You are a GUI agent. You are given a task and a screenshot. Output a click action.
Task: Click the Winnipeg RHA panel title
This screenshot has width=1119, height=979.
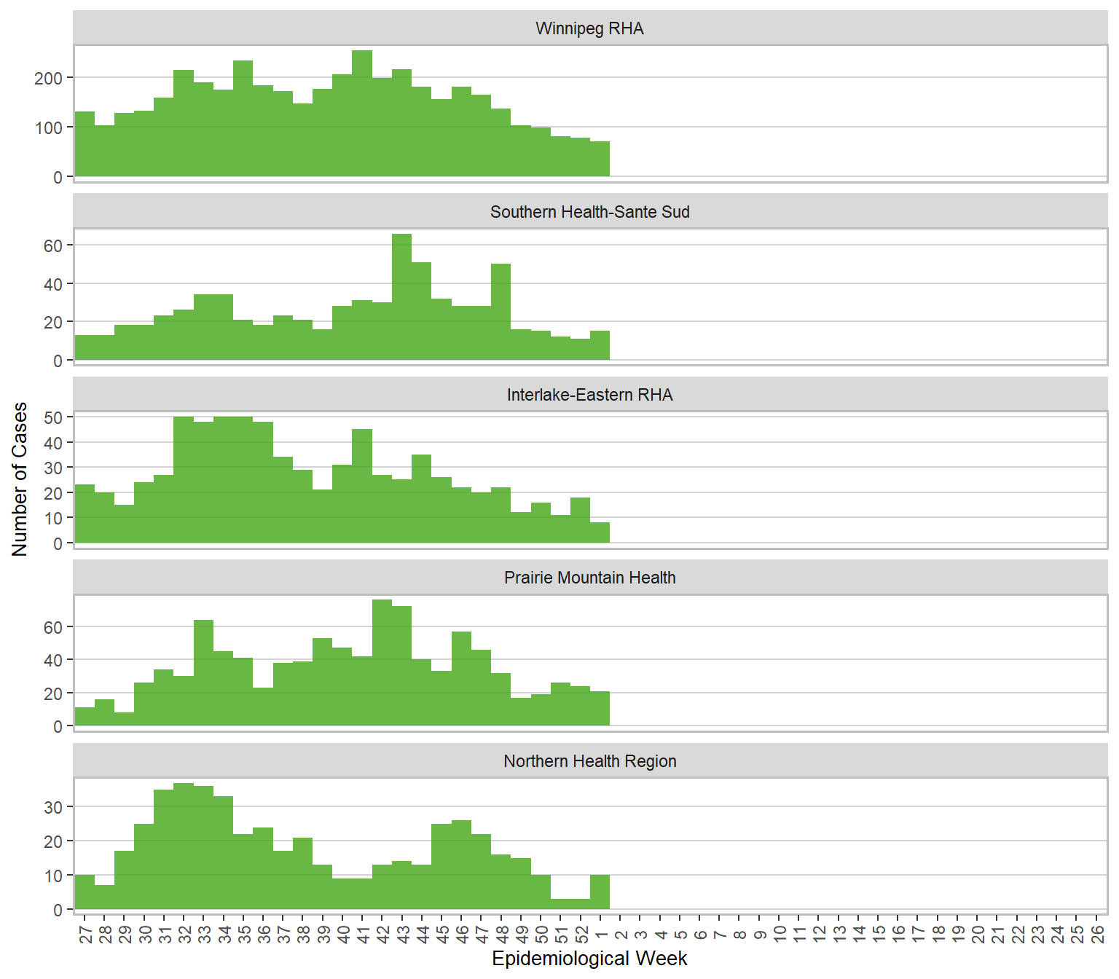pos(589,28)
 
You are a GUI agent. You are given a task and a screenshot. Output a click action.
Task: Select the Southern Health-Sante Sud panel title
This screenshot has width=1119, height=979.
pos(589,212)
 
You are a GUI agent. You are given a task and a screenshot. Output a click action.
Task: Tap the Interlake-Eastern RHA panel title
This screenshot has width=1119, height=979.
pos(589,395)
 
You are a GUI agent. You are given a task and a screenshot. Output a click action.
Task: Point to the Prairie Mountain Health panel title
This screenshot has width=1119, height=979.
pos(589,578)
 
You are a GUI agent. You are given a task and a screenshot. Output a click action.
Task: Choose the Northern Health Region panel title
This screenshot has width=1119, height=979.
pos(589,761)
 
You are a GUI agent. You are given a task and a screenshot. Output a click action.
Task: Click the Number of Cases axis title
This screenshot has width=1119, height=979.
pos(20,479)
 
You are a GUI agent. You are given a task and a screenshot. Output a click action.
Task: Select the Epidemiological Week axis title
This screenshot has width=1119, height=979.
pos(589,959)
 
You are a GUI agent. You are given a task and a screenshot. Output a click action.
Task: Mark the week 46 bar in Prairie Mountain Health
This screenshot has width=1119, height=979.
pos(461,678)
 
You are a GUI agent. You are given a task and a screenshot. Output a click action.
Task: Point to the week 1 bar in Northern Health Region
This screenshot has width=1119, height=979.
pos(600,892)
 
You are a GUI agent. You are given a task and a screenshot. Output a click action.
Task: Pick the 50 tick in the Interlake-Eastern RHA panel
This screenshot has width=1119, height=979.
pos(53,417)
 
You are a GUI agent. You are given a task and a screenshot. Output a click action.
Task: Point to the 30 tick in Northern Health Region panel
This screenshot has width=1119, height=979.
pos(53,807)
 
